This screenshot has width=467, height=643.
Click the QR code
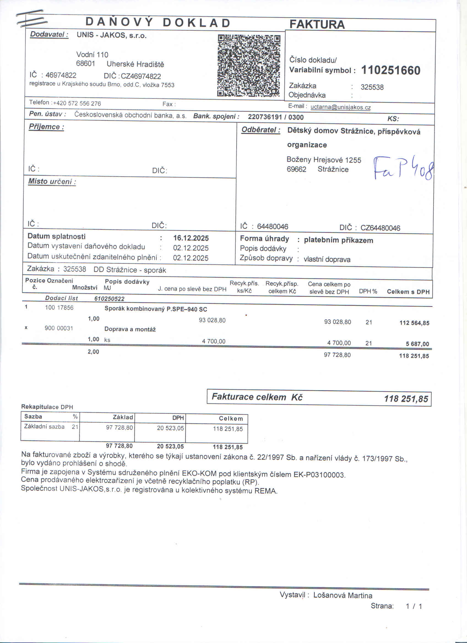249,66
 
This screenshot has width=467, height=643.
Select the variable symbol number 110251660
390,70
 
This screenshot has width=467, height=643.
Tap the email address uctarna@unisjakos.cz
341,107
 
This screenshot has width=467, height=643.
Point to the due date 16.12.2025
191,238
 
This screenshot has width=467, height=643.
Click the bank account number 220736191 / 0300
276,117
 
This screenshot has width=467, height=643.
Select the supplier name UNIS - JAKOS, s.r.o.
112,36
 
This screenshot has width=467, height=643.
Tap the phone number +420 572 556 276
77,103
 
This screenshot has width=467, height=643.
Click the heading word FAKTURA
317,24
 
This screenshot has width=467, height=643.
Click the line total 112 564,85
414,323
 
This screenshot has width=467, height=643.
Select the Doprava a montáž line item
130,329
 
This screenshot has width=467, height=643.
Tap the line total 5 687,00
417,344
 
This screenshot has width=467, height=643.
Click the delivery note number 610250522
109,299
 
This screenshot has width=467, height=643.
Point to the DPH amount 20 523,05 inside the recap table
170,428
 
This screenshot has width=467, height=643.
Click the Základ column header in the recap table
123,417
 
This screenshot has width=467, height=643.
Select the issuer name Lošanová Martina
343,595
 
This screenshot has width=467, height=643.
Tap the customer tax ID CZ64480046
380,228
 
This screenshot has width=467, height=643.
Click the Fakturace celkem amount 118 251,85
406,399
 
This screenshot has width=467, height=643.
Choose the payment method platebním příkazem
338,240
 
